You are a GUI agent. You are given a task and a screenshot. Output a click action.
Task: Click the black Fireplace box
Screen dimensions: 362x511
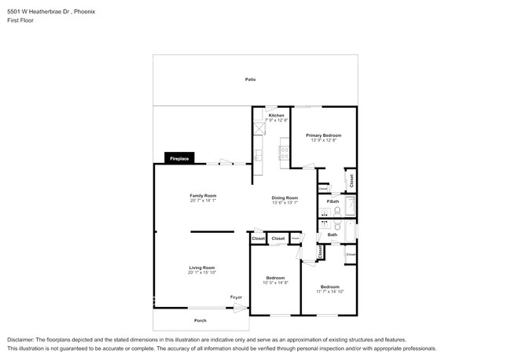(x=179, y=159)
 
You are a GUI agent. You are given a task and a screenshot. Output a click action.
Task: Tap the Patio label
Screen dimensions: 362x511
(x=250, y=79)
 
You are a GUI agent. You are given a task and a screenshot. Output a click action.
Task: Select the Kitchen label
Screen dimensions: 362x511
(x=277, y=116)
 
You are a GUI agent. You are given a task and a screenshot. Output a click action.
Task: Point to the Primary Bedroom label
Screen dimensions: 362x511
(x=323, y=135)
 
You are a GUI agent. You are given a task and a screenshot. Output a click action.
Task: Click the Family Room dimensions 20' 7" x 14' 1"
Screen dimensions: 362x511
(x=203, y=200)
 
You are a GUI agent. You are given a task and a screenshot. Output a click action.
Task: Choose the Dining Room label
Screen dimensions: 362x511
(x=285, y=198)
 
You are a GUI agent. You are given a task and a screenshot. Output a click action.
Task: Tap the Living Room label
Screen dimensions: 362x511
(x=202, y=268)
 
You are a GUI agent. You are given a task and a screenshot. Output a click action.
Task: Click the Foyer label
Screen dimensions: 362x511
(x=236, y=297)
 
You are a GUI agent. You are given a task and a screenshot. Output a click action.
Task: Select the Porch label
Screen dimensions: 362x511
(x=201, y=320)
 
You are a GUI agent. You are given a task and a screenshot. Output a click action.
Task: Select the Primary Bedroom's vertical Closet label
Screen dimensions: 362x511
(x=351, y=179)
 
